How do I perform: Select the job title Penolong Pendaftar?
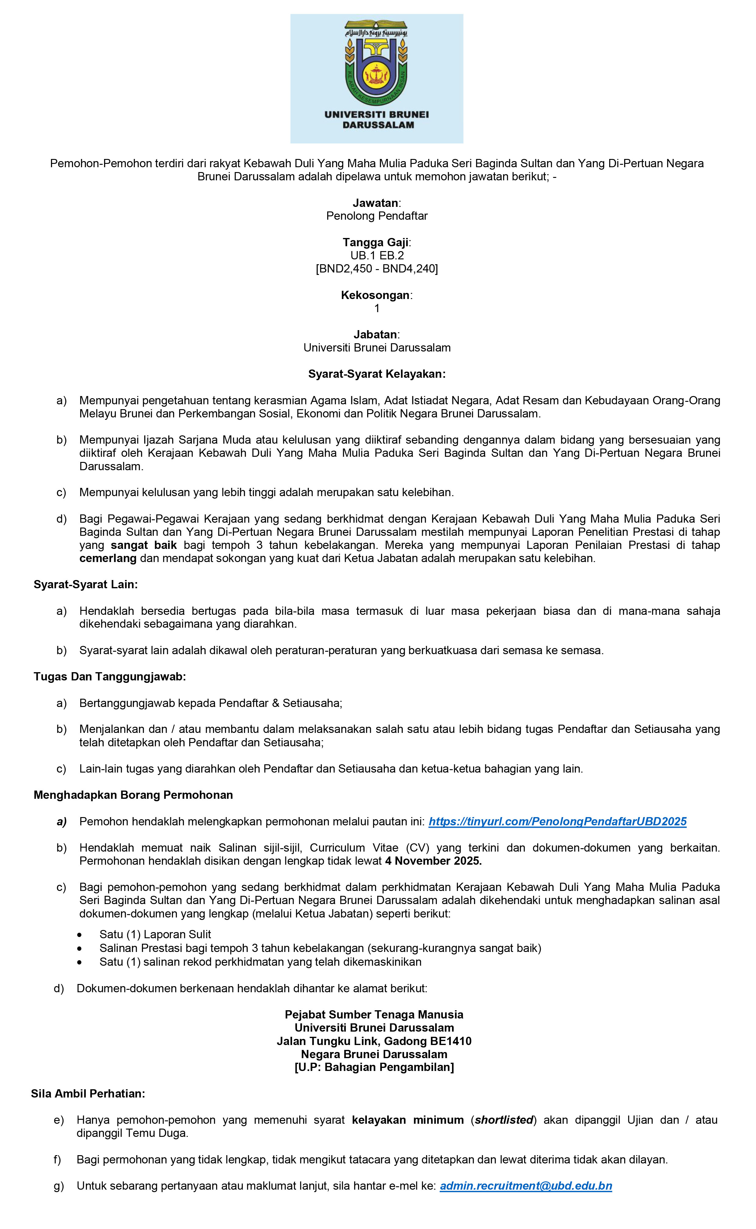[x=377, y=216]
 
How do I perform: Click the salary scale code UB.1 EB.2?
[x=377, y=255]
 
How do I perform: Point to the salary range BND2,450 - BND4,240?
[x=377, y=269]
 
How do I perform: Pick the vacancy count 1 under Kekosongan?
[x=377, y=308]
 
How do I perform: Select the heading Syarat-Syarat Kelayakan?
[x=377, y=374]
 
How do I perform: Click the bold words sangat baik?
[x=143, y=545]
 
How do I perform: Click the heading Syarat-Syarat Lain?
[x=85, y=584]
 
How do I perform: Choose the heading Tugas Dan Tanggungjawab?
[x=110, y=677]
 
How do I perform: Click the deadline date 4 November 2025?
[x=433, y=861]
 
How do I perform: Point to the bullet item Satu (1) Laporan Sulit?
[x=155, y=935]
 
